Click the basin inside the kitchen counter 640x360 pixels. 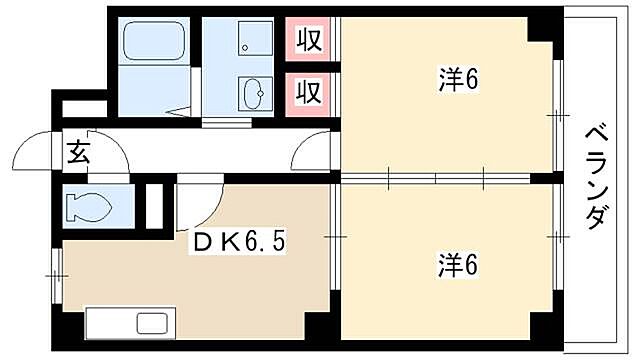tap(153, 324)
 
